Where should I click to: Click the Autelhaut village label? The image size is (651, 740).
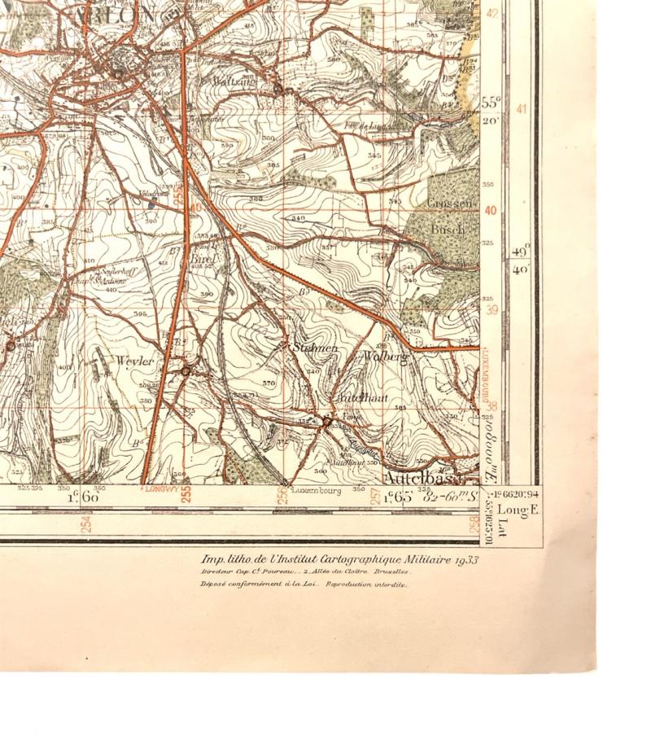coord(360,399)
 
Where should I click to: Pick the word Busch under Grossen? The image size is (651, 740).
coord(447,230)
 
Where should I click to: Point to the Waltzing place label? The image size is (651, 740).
coord(233,81)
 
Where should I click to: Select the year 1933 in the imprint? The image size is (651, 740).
coord(466,559)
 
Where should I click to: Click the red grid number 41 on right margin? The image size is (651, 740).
coord(522,110)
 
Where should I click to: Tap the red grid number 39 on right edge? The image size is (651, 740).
coord(491,309)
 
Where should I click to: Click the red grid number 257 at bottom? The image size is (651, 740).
coord(376,496)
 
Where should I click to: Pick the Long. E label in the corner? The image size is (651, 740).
coord(513,510)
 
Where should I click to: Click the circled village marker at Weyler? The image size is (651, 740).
coord(186,371)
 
